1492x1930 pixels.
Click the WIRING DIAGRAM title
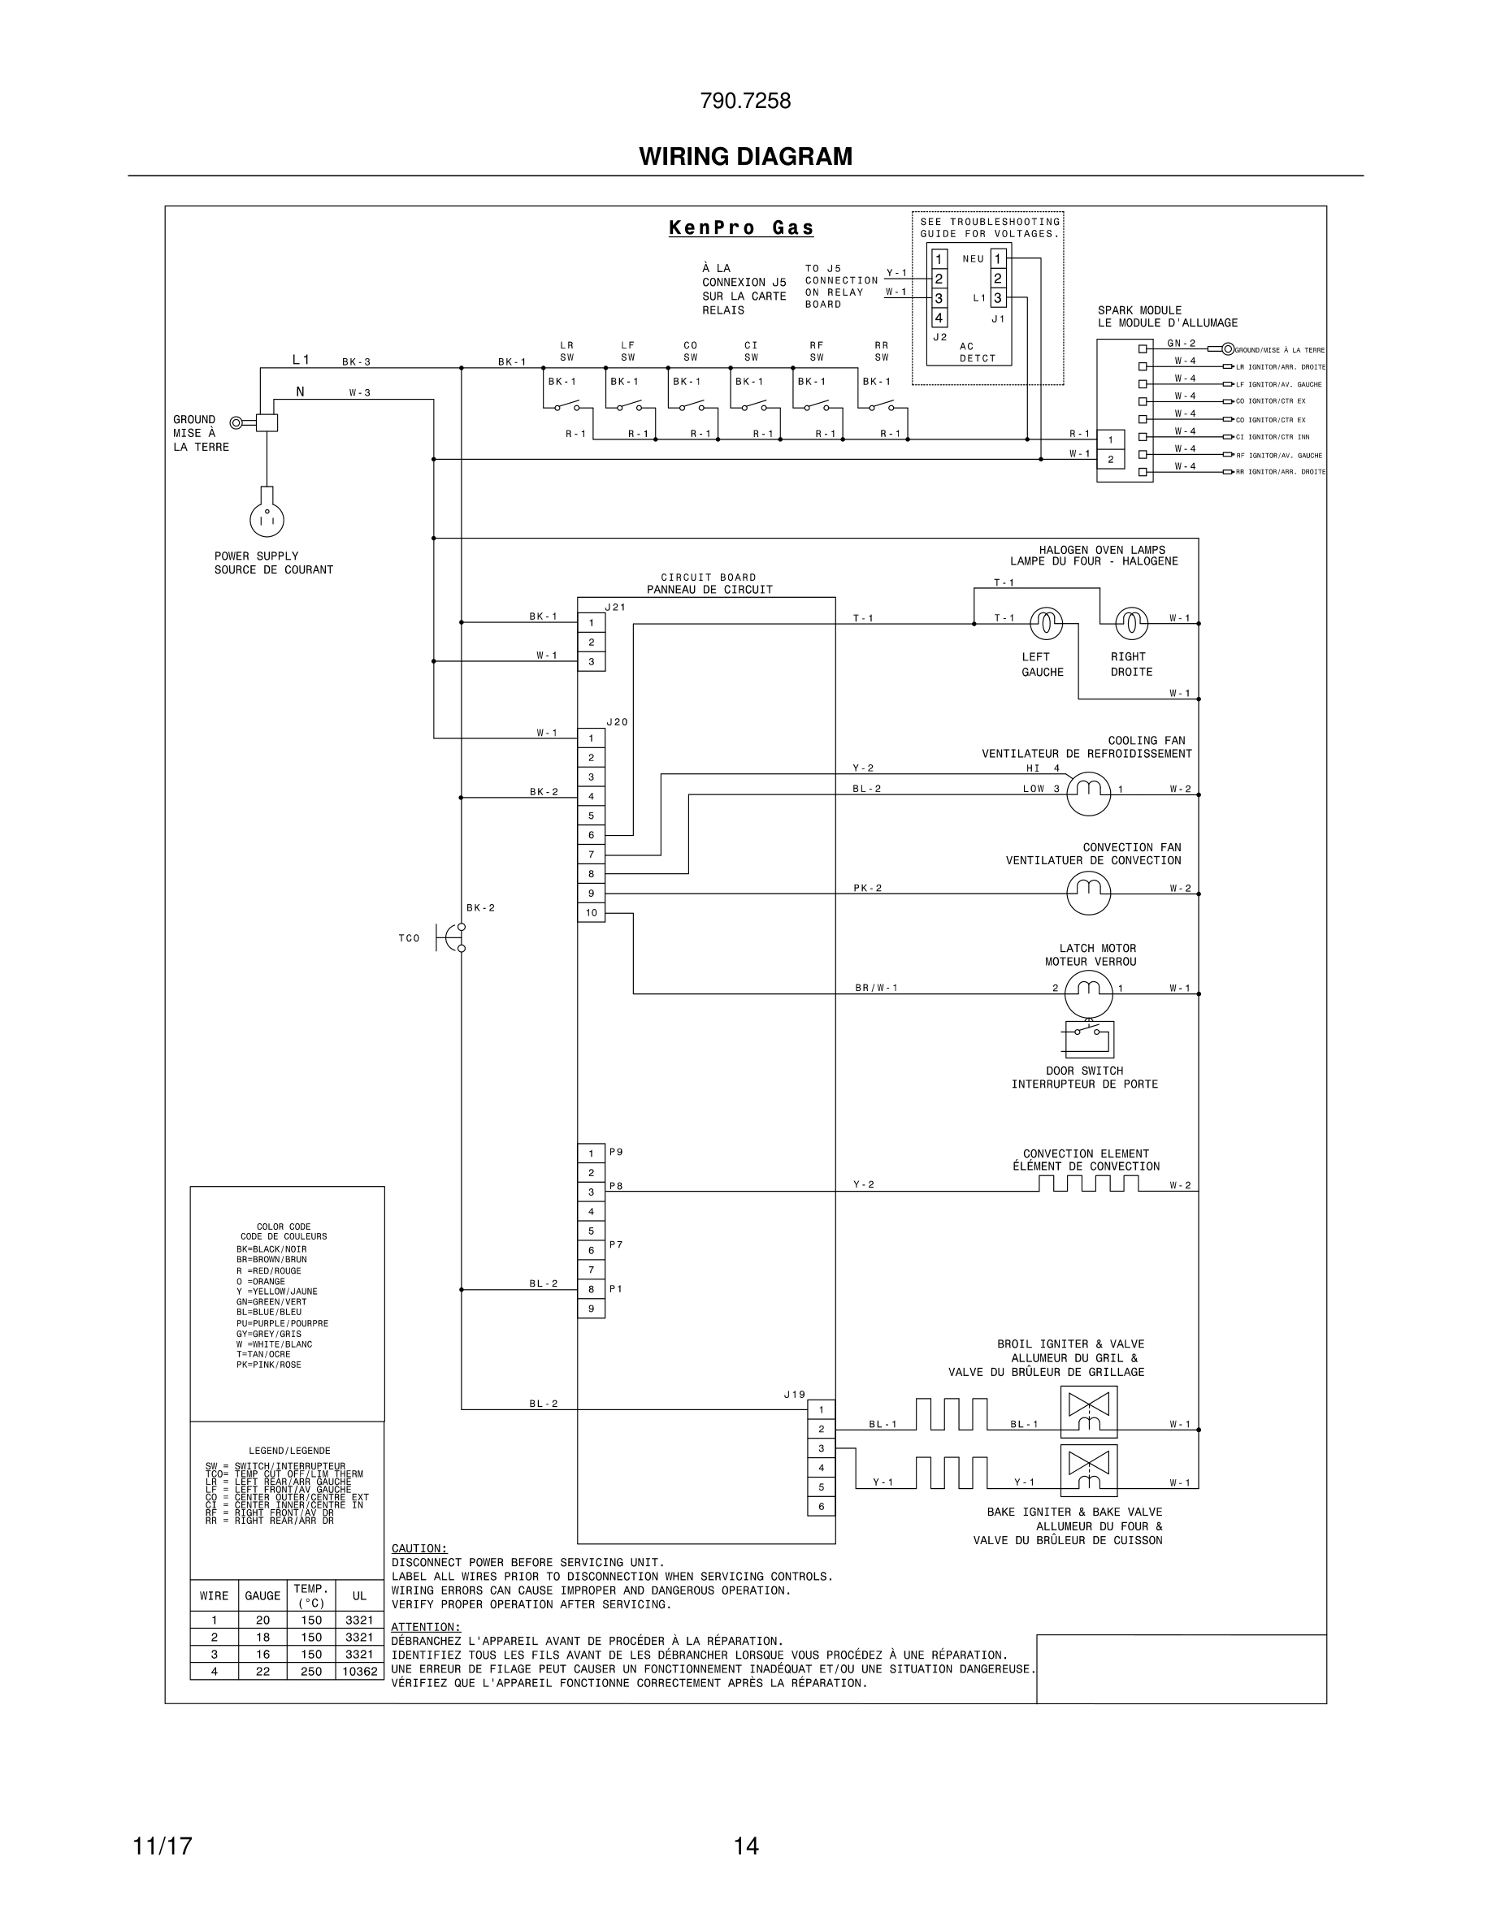(745, 157)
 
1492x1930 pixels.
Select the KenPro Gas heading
(740, 228)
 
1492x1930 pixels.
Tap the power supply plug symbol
(266, 519)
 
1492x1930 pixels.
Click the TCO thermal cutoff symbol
(452, 937)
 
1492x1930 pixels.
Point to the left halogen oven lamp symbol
(1046, 624)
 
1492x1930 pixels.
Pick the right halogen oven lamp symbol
(1131, 624)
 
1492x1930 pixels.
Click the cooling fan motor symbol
(1088, 794)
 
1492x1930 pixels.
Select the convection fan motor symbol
(1088, 894)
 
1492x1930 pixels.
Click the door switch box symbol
(1088, 1039)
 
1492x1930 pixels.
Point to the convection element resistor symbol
(1088, 1184)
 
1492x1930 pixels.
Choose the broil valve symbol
(1088, 1411)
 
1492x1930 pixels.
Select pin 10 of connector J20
(592, 913)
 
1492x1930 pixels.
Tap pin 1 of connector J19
(821, 1409)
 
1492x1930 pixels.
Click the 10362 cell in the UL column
(360, 1671)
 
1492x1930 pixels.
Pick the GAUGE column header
(262, 1595)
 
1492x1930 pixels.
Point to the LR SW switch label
(566, 352)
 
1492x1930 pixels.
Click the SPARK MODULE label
(1139, 310)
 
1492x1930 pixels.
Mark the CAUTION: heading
(419, 1548)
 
